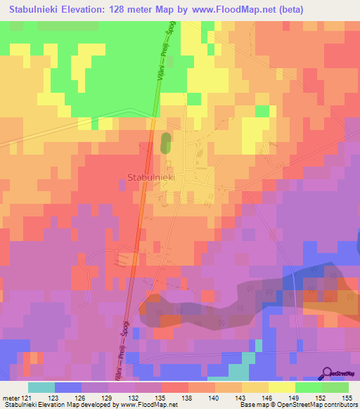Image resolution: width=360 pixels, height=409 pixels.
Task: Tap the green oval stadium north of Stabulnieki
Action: tap(166, 143)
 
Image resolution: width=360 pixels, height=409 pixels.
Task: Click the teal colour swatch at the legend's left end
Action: tap(41, 387)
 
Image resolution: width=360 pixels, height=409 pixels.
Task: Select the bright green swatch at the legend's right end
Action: tap(335, 387)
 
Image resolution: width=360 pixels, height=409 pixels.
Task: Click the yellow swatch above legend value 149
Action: tap(282, 387)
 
